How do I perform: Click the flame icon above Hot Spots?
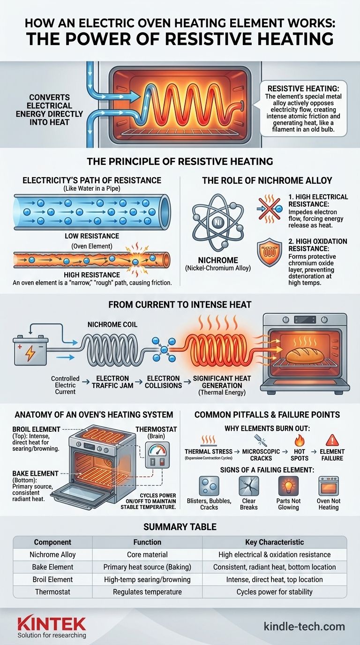[x=300, y=439]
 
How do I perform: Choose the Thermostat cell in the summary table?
[x=52, y=592]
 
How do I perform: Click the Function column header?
[x=147, y=542]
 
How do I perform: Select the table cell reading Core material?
[x=147, y=555]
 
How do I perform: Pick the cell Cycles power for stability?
[x=274, y=592]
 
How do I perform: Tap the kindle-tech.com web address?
[x=304, y=626]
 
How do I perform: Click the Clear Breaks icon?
[x=249, y=486]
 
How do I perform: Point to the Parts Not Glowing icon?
[x=288, y=486]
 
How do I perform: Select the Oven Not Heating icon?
[x=328, y=486]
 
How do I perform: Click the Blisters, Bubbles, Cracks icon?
[x=209, y=486]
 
